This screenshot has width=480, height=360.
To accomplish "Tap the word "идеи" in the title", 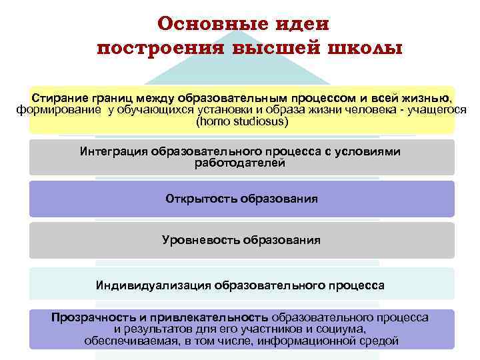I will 303,24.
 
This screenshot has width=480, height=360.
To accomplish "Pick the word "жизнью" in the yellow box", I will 431,98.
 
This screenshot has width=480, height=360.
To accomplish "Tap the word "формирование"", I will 57,110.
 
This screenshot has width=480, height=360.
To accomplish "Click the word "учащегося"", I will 435,110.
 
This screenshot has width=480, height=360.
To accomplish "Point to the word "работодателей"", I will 241,163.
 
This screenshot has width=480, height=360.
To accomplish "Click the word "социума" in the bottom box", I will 345,329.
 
